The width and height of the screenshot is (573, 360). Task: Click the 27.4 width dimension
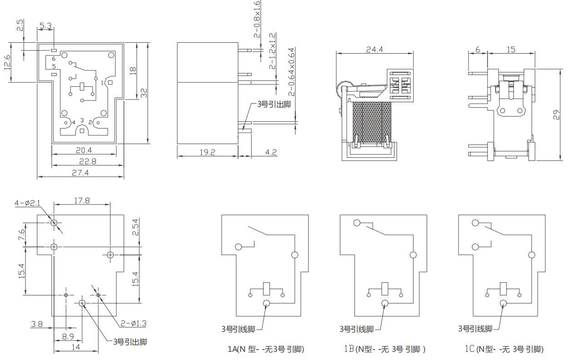pyautogui.click(x=80, y=173)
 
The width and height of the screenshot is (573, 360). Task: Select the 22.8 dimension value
pyautogui.click(x=88, y=161)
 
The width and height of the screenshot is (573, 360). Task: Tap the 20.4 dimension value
pyautogui.click(x=84, y=150)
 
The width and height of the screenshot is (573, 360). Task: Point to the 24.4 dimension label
pyautogui.click(x=374, y=50)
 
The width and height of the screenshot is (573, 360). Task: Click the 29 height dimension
pyautogui.click(x=556, y=115)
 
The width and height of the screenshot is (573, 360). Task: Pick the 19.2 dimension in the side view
pyautogui.click(x=207, y=152)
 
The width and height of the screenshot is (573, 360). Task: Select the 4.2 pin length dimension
pyautogui.click(x=271, y=152)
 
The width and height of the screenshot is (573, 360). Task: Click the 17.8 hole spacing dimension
pyautogui.click(x=82, y=200)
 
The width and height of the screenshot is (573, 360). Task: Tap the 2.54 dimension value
pyautogui.click(x=135, y=227)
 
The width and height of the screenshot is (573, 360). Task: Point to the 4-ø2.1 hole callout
pyautogui.click(x=27, y=203)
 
